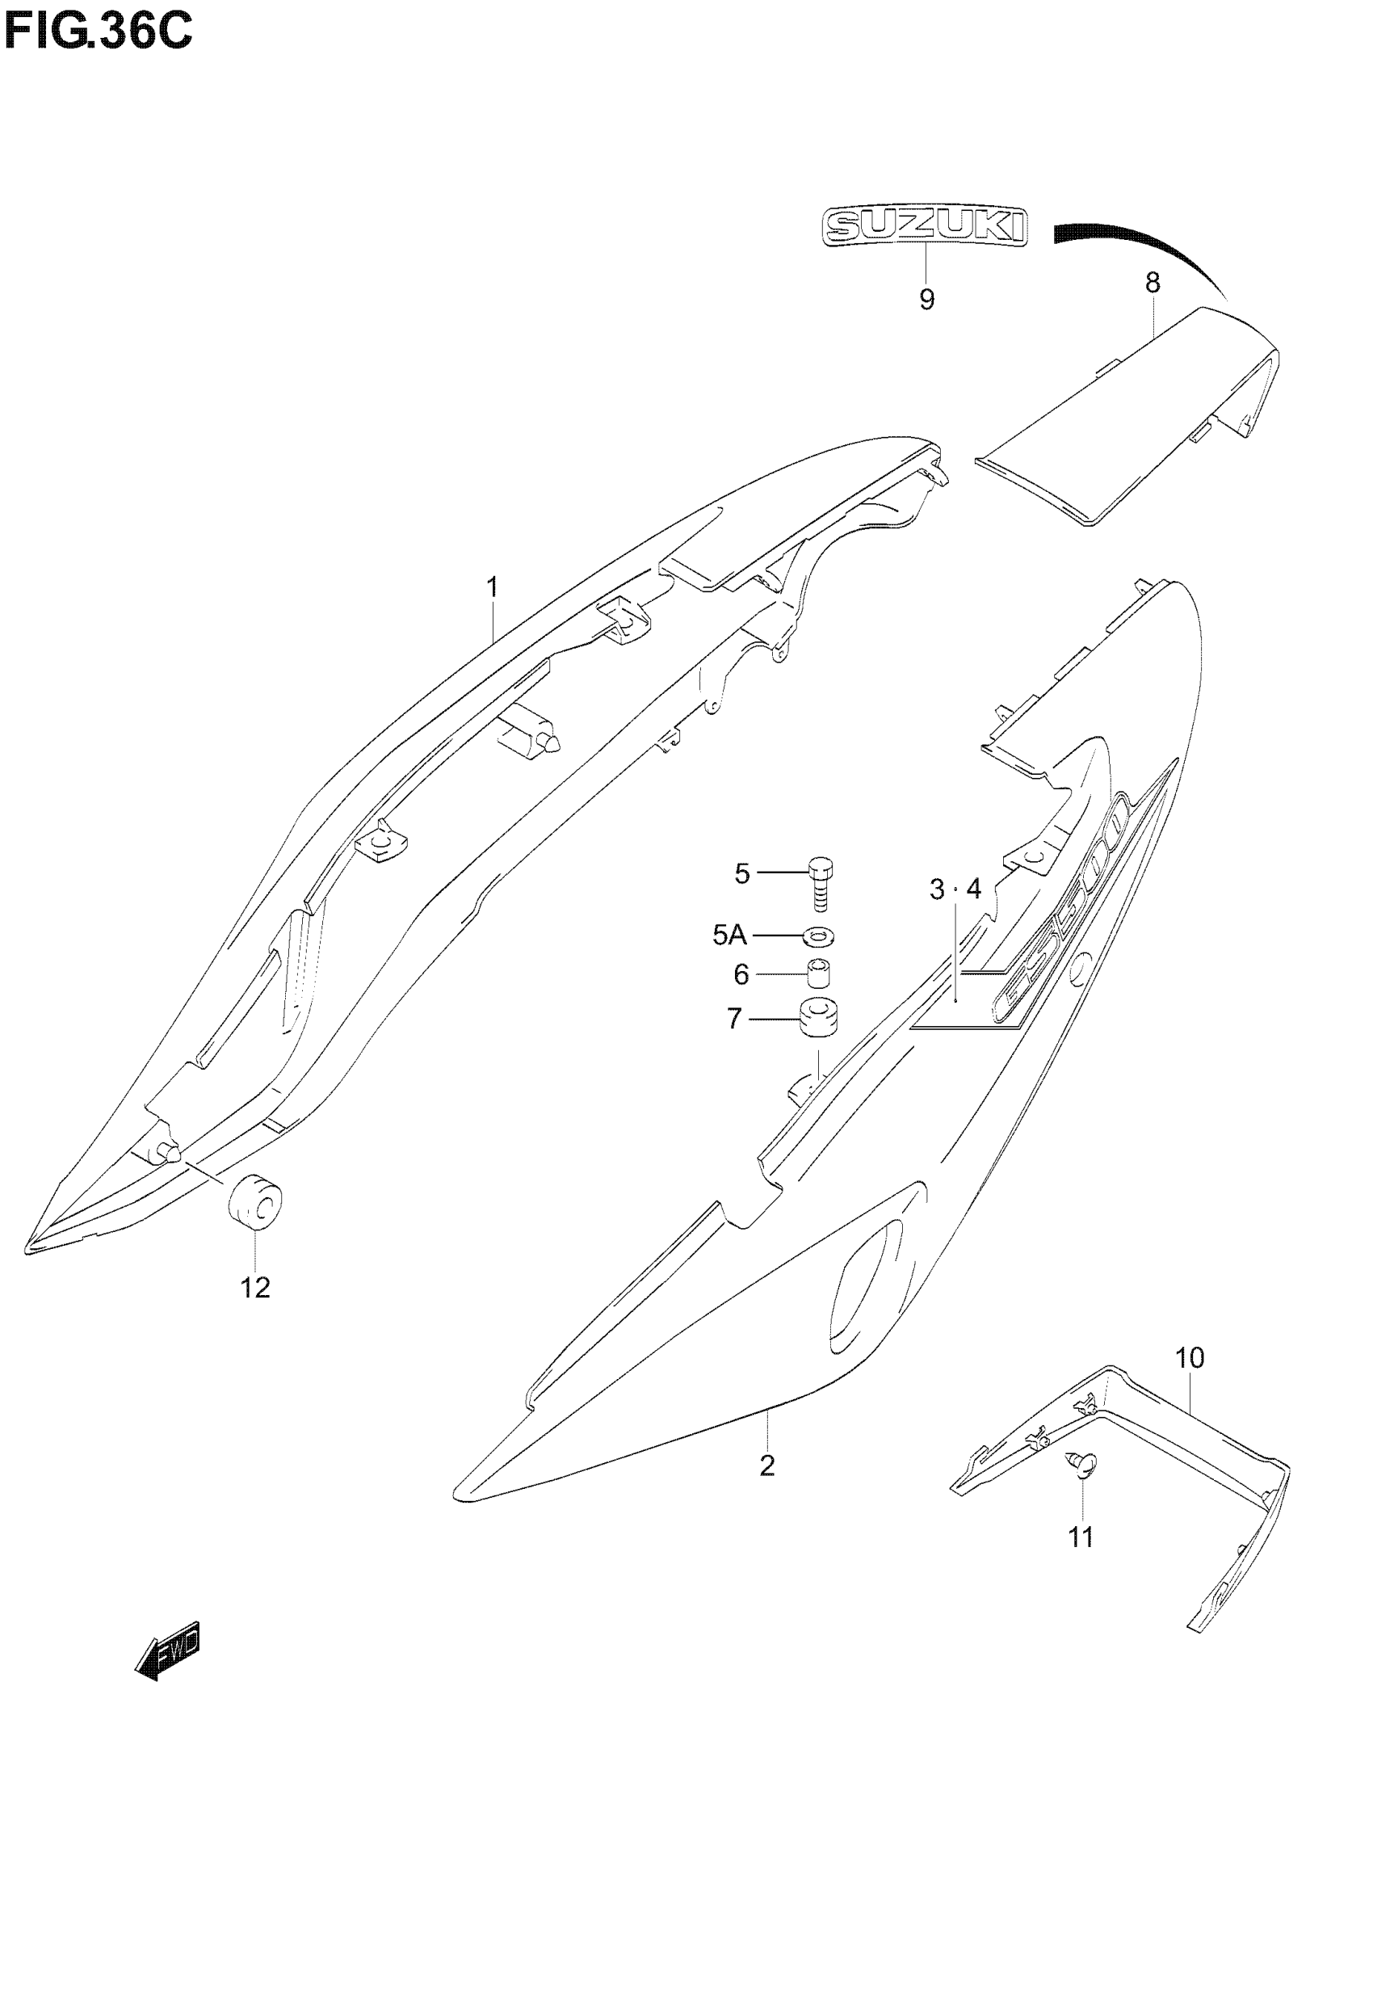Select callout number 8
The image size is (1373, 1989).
(x=1152, y=283)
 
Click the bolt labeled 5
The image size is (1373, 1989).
(x=820, y=883)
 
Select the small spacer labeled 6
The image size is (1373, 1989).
(x=819, y=973)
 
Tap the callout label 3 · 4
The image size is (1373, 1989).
(x=955, y=889)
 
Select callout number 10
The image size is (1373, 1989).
(x=1190, y=1358)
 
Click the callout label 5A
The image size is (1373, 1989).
(x=729, y=934)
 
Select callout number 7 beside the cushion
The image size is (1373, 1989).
(x=734, y=1019)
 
